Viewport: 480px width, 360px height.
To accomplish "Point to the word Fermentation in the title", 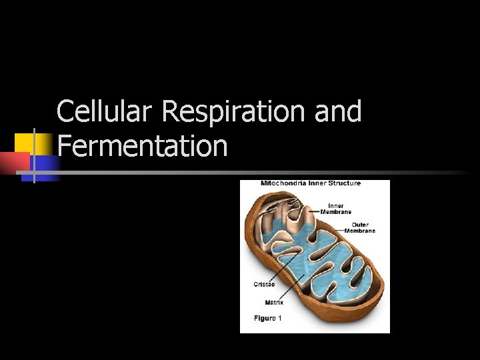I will coord(143,145).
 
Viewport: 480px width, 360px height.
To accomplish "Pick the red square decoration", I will coord(15,163).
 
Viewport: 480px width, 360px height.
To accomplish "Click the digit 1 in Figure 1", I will coord(280,318).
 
